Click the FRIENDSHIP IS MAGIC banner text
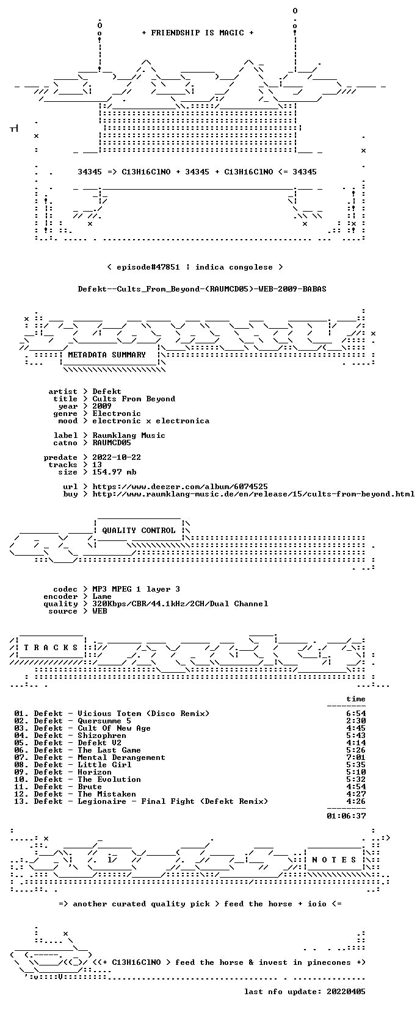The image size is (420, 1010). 198,33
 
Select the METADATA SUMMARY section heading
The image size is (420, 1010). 107,355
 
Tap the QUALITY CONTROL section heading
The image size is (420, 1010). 139,531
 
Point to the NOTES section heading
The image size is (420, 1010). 335,860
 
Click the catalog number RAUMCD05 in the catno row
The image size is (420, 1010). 112,443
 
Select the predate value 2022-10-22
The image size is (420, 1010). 117,457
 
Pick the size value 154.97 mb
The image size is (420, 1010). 115,472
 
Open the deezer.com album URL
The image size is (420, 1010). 180,487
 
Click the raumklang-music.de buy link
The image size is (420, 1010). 253,494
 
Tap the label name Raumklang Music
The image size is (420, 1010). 129,435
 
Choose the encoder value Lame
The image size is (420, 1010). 102,596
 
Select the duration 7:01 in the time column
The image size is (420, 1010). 356,757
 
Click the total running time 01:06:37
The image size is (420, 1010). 347,815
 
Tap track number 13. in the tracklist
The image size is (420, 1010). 21,801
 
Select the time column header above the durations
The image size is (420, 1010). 356,699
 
